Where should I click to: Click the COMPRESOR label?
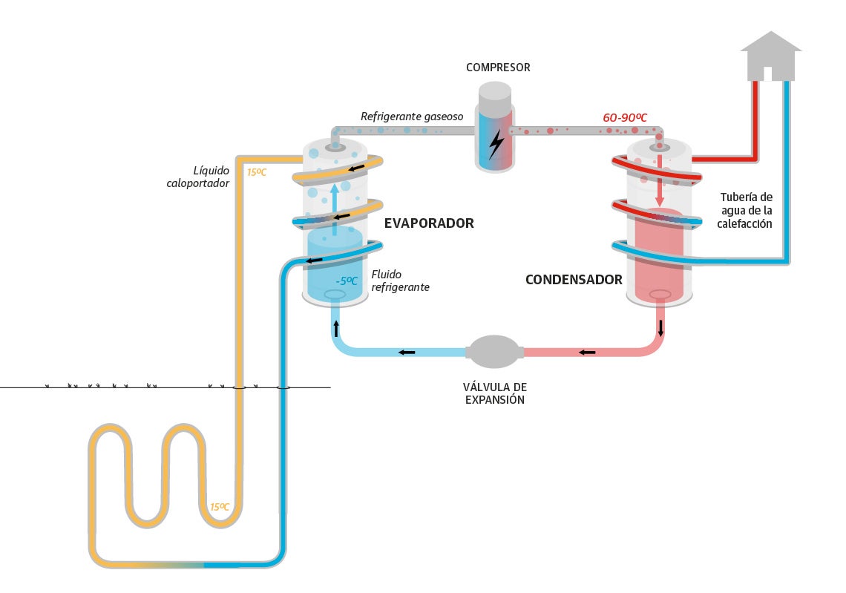(x=498, y=68)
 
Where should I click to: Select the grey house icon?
(x=771, y=56)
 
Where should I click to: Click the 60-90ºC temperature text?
(x=624, y=117)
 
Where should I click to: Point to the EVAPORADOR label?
(x=428, y=223)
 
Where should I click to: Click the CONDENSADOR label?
(x=574, y=280)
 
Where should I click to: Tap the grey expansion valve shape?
(x=495, y=352)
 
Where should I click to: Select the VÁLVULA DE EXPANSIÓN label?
(x=494, y=393)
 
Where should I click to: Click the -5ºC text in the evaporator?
(x=347, y=281)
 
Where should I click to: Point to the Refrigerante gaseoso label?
(x=412, y=117)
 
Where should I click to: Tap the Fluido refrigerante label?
(x=400, y=281)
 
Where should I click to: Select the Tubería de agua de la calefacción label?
(x=747, y=210)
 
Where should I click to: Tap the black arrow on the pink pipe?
(x=587, y=352)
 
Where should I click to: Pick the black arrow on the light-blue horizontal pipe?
(x=406, y=352)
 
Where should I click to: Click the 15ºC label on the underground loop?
(x=219, y=507)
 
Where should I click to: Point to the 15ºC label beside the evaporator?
(x=257, y=172)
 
